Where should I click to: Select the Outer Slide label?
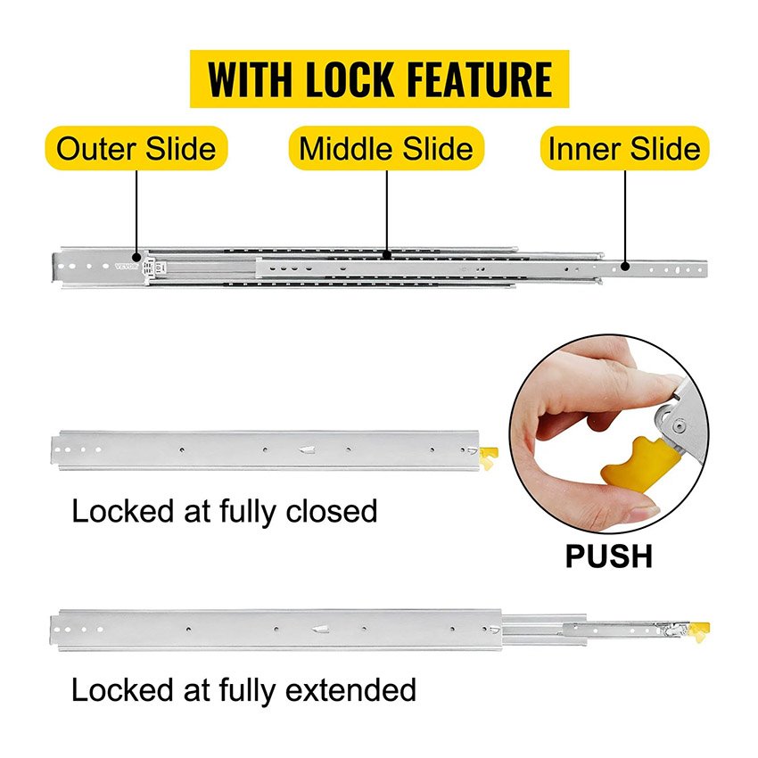(x=136, y=148)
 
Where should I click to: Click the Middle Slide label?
(x=386, y=148)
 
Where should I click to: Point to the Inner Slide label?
(x=625, y=148)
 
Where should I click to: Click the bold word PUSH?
(x=608, y=556)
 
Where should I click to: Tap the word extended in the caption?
(x=351, y=690)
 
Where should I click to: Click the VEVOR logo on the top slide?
(x=128, y=266)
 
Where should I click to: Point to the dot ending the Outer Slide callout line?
(x=136, y=254)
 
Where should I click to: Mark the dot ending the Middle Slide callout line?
(x=387, y=254)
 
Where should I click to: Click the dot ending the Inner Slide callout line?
(x=625, y=264)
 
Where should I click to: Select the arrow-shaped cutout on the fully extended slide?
(x=317, y=630)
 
